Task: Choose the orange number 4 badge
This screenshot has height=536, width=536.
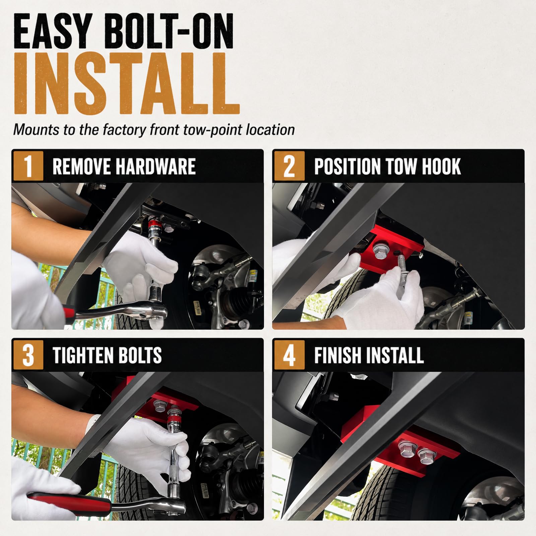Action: pyautogui.click(x=289, y=355)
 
